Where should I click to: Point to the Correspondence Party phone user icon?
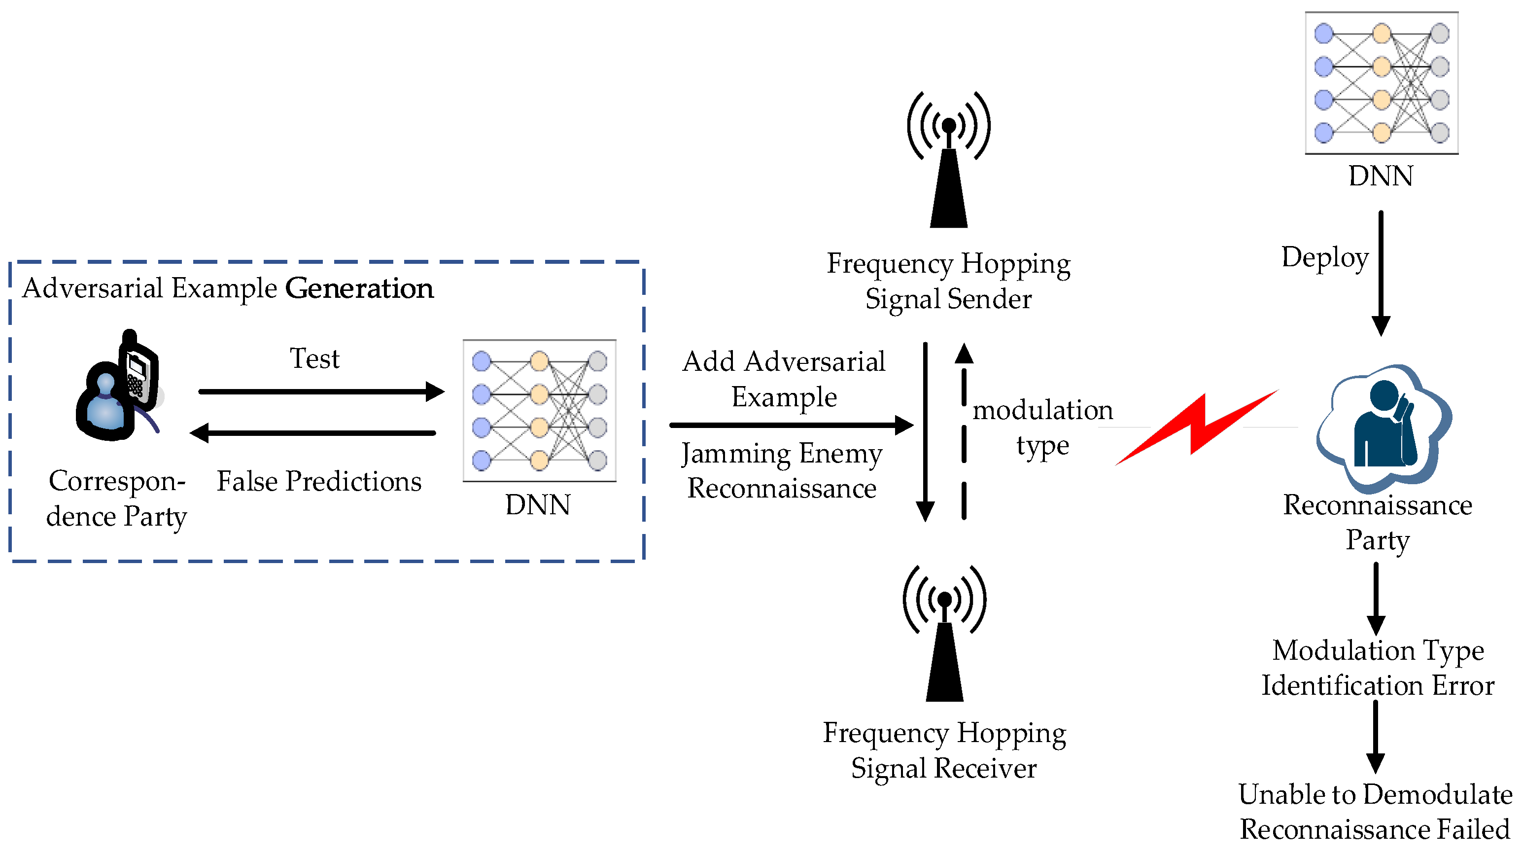[118, 387]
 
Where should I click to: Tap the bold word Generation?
[359, 289]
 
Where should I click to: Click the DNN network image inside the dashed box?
[539, 411]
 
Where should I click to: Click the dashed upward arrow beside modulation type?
[964, 431]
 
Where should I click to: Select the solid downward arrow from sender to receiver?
[925, 431]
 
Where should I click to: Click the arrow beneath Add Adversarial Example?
[791, 425]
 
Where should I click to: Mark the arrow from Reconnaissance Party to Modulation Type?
[1376, 599]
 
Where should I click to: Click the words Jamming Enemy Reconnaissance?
[782, 471]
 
